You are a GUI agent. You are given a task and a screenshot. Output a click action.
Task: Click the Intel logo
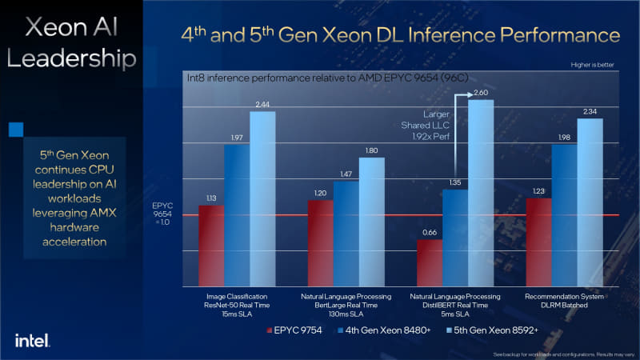[x=32, y=339]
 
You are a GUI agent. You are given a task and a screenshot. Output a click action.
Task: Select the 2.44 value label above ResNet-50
[x=262, y=105]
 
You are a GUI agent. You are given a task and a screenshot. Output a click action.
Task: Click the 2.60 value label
[x=481, y=94]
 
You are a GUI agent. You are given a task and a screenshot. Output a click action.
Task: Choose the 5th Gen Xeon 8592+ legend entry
[x=490, y=330]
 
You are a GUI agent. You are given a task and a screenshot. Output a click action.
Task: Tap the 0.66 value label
[x=430, y=233]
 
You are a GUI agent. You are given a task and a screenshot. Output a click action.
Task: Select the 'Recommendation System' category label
[x=564, y=296]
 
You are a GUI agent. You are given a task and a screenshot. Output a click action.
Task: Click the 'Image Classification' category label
[x=237, y=296]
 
